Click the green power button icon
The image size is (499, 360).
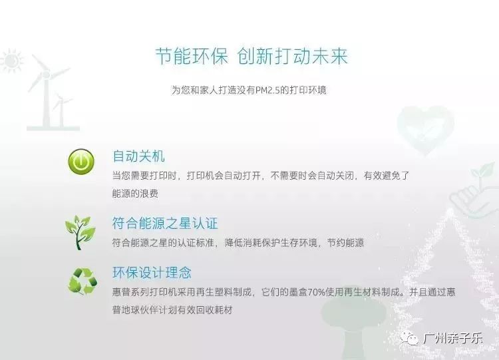coord(81,162)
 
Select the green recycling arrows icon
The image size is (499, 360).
coord(82,281)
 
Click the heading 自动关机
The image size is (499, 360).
coord(138,157)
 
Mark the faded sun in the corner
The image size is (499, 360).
coord(10,62)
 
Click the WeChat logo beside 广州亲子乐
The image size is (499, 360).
coord(409,339)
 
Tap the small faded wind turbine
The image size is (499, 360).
coord(63,110)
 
